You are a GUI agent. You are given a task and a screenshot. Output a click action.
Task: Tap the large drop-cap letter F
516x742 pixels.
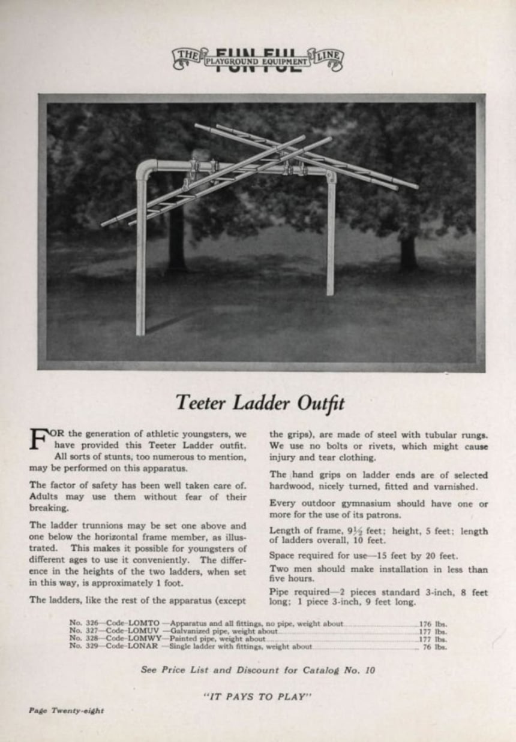(40, 439)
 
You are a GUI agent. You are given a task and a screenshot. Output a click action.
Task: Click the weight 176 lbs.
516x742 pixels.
(434, 624)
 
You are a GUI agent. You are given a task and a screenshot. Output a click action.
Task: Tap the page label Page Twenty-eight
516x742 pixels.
(66, 710)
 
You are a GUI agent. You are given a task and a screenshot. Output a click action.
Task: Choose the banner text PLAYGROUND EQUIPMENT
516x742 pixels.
(257, 61)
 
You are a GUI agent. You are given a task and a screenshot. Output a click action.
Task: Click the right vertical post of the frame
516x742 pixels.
(331, 240)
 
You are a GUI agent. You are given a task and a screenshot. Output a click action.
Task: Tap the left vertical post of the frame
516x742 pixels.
(141, 258)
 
